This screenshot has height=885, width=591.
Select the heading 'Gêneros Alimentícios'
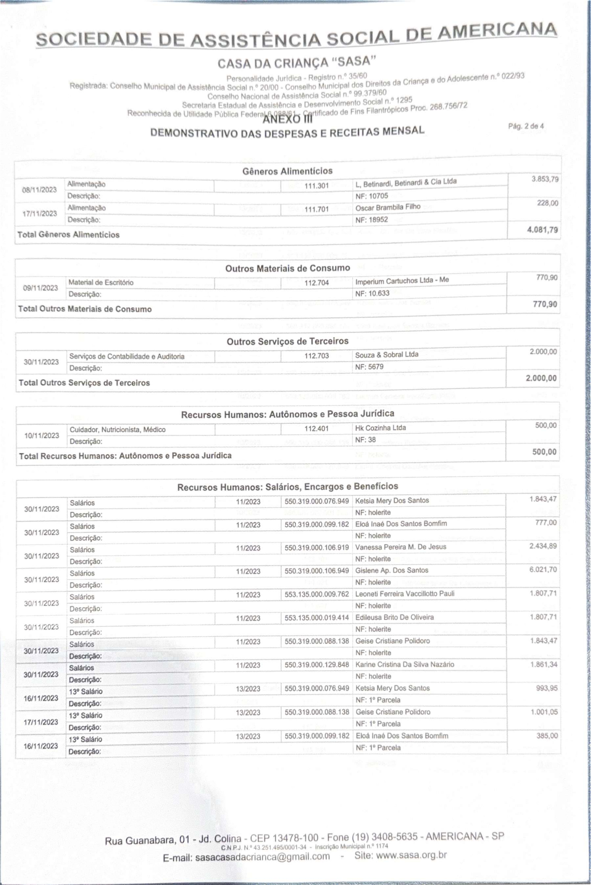click(287, 171)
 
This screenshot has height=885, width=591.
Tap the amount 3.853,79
click(545, 179)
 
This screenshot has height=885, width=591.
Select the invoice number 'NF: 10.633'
click(372, 293)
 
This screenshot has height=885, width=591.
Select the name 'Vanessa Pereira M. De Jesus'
click(401, 547)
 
